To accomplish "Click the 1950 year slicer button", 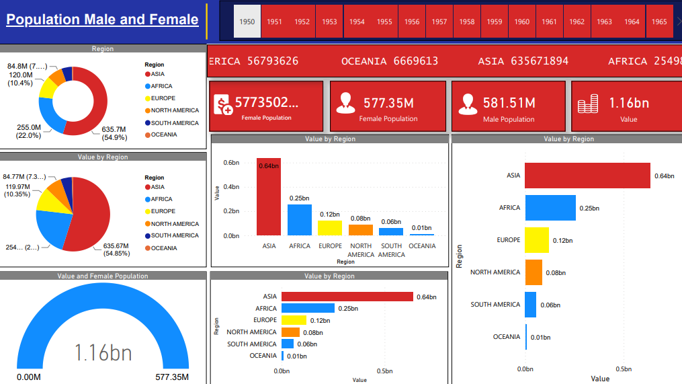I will [x=247, y=22].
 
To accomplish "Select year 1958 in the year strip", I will [x=466, y=22].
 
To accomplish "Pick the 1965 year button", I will [x=659, y=22].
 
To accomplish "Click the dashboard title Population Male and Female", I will [x=102, y=20].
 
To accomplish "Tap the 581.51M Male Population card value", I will [x=509, y=103].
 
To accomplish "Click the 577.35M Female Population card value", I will [x=388, y=103].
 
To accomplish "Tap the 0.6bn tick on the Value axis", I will [x=231, y=163].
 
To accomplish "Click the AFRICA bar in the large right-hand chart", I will [x=550, y=208].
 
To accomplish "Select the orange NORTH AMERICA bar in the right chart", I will [x=533, y=272].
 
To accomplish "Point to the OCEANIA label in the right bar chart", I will [x=506, y=337].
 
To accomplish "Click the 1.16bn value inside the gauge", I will [x=103, y=352].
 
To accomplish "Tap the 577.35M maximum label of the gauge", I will [x=171, y=377].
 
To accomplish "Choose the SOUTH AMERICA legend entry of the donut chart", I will [x=174, y=123].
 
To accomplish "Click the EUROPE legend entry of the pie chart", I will [x=163, y=211].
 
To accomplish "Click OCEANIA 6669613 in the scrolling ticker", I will [x=390, y=61].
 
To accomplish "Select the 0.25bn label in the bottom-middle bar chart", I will [x=347, y=309].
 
